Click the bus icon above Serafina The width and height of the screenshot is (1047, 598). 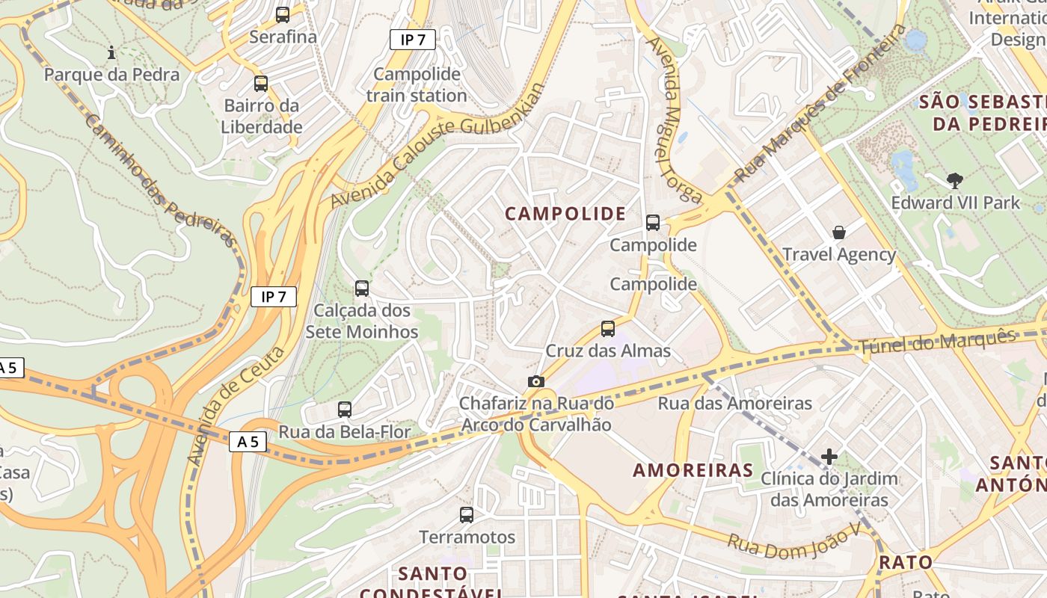pyautogui.click(x=283, y=14)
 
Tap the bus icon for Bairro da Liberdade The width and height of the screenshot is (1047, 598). pyautogui.click(x=261, y=84)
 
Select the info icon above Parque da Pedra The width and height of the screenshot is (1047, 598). pyautogui.click(x=111, y=52)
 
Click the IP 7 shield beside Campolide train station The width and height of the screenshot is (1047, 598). pyautogui.click(x=412, y=40)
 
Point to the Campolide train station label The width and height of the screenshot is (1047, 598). pyautogui.click(x=417, y=84)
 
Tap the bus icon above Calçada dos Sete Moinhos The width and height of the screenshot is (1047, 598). pyautogui.click(x=362, y=288)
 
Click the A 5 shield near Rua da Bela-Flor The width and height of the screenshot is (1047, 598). pyautogui.click(x=248, y=442)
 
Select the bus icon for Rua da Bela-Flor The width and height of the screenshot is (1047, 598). pyautogui.click(x=345, y=409)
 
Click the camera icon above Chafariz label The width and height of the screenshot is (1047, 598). pyautogui.click(x=535, y=381)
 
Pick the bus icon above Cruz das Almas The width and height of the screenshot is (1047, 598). pyautogui.click(x=608, y=328)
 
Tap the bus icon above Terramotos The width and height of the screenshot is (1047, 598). pyautogui.click(x=467, y=514)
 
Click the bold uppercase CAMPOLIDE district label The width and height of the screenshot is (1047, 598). pyautogui.click(x=565, y=214)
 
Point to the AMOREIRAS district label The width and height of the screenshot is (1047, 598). pyautogui.click(x=693, y=470)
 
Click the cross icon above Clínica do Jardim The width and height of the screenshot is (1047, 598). pyautogui.click(x=829, y=456)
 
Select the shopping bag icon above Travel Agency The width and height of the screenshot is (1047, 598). pyautogui.click(x=839, y=232)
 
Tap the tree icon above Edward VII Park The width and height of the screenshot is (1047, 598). pyautogui.click(x=954, y=180)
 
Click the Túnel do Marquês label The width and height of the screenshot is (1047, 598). pyautogui.click(x=937, y=342)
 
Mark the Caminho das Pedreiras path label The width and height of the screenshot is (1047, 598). pyautogui.click(x=161, y=180)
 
